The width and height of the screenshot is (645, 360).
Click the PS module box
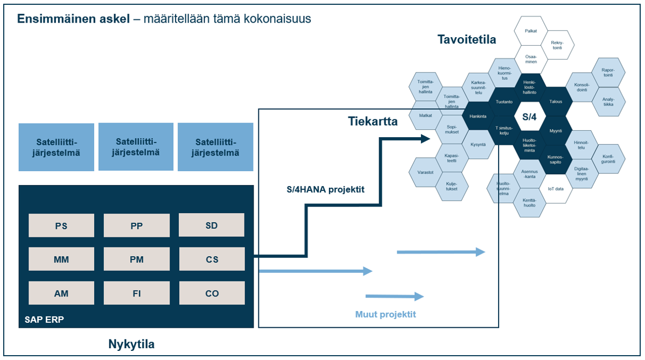61,225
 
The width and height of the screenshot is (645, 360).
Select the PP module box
136,225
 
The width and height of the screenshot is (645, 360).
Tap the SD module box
212,225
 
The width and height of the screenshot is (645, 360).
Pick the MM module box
61,259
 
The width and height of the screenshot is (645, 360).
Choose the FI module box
136,293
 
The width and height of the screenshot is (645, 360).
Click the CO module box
212,293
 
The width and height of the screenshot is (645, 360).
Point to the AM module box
61,293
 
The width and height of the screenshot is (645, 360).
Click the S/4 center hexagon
530,116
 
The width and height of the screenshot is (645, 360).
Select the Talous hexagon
556,101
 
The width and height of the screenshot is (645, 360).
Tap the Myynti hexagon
556,131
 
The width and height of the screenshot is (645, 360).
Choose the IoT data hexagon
556,189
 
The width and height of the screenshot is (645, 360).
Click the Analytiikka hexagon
608,101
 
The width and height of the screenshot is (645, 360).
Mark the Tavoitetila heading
467,40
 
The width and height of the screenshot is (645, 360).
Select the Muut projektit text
385,314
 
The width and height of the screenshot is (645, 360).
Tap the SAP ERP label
44,319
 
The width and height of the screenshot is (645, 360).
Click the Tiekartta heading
373,122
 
